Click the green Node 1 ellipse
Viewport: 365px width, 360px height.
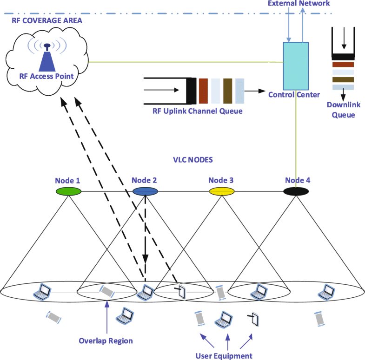click(x=68, y=191)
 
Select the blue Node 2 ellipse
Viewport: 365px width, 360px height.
click(x=145, y=191)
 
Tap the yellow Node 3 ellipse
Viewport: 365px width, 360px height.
click(x=221, y=191)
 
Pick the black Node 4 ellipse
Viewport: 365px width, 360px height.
click(x=296, y=191)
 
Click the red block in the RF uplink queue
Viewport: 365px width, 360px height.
click(x=203, y=90)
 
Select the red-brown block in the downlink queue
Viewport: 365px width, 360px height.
click(x=343, y=65)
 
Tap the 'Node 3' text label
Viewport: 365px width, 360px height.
click(x=221, y=180)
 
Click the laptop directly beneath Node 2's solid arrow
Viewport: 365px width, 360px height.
click(x=146, y=292)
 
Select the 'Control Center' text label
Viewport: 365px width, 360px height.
click(x=294, y=95)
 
